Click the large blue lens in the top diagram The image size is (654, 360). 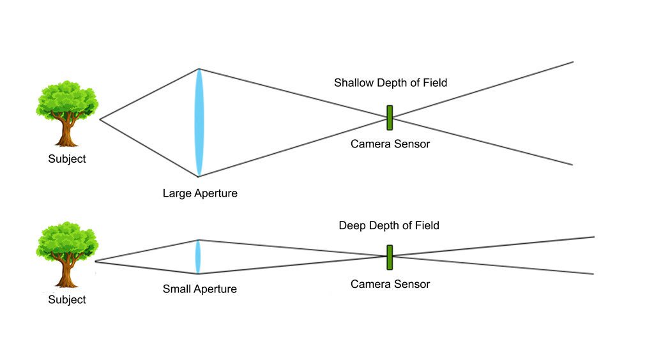tap(199, 122)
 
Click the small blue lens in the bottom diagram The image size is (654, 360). tap(198, 257)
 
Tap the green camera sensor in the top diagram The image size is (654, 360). tap(389, 118)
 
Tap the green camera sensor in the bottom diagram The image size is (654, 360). tap(389, 257)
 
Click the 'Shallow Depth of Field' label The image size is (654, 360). tap(390, 83)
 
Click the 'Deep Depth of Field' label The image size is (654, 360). tap(389, 226)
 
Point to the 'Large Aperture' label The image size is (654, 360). tap(200, 193)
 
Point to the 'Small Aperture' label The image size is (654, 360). tap(199, 289)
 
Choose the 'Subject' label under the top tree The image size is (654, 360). tap(67, 159)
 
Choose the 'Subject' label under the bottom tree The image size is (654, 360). tap(67, 299)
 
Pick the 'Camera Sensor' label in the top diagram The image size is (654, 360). tap(390, 144)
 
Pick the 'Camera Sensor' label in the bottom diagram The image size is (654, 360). tap(390, 284)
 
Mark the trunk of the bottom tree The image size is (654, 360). tap(67, 276)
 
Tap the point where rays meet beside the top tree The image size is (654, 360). tap(100, 119)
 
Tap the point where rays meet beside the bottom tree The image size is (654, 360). tap(96, 261)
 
